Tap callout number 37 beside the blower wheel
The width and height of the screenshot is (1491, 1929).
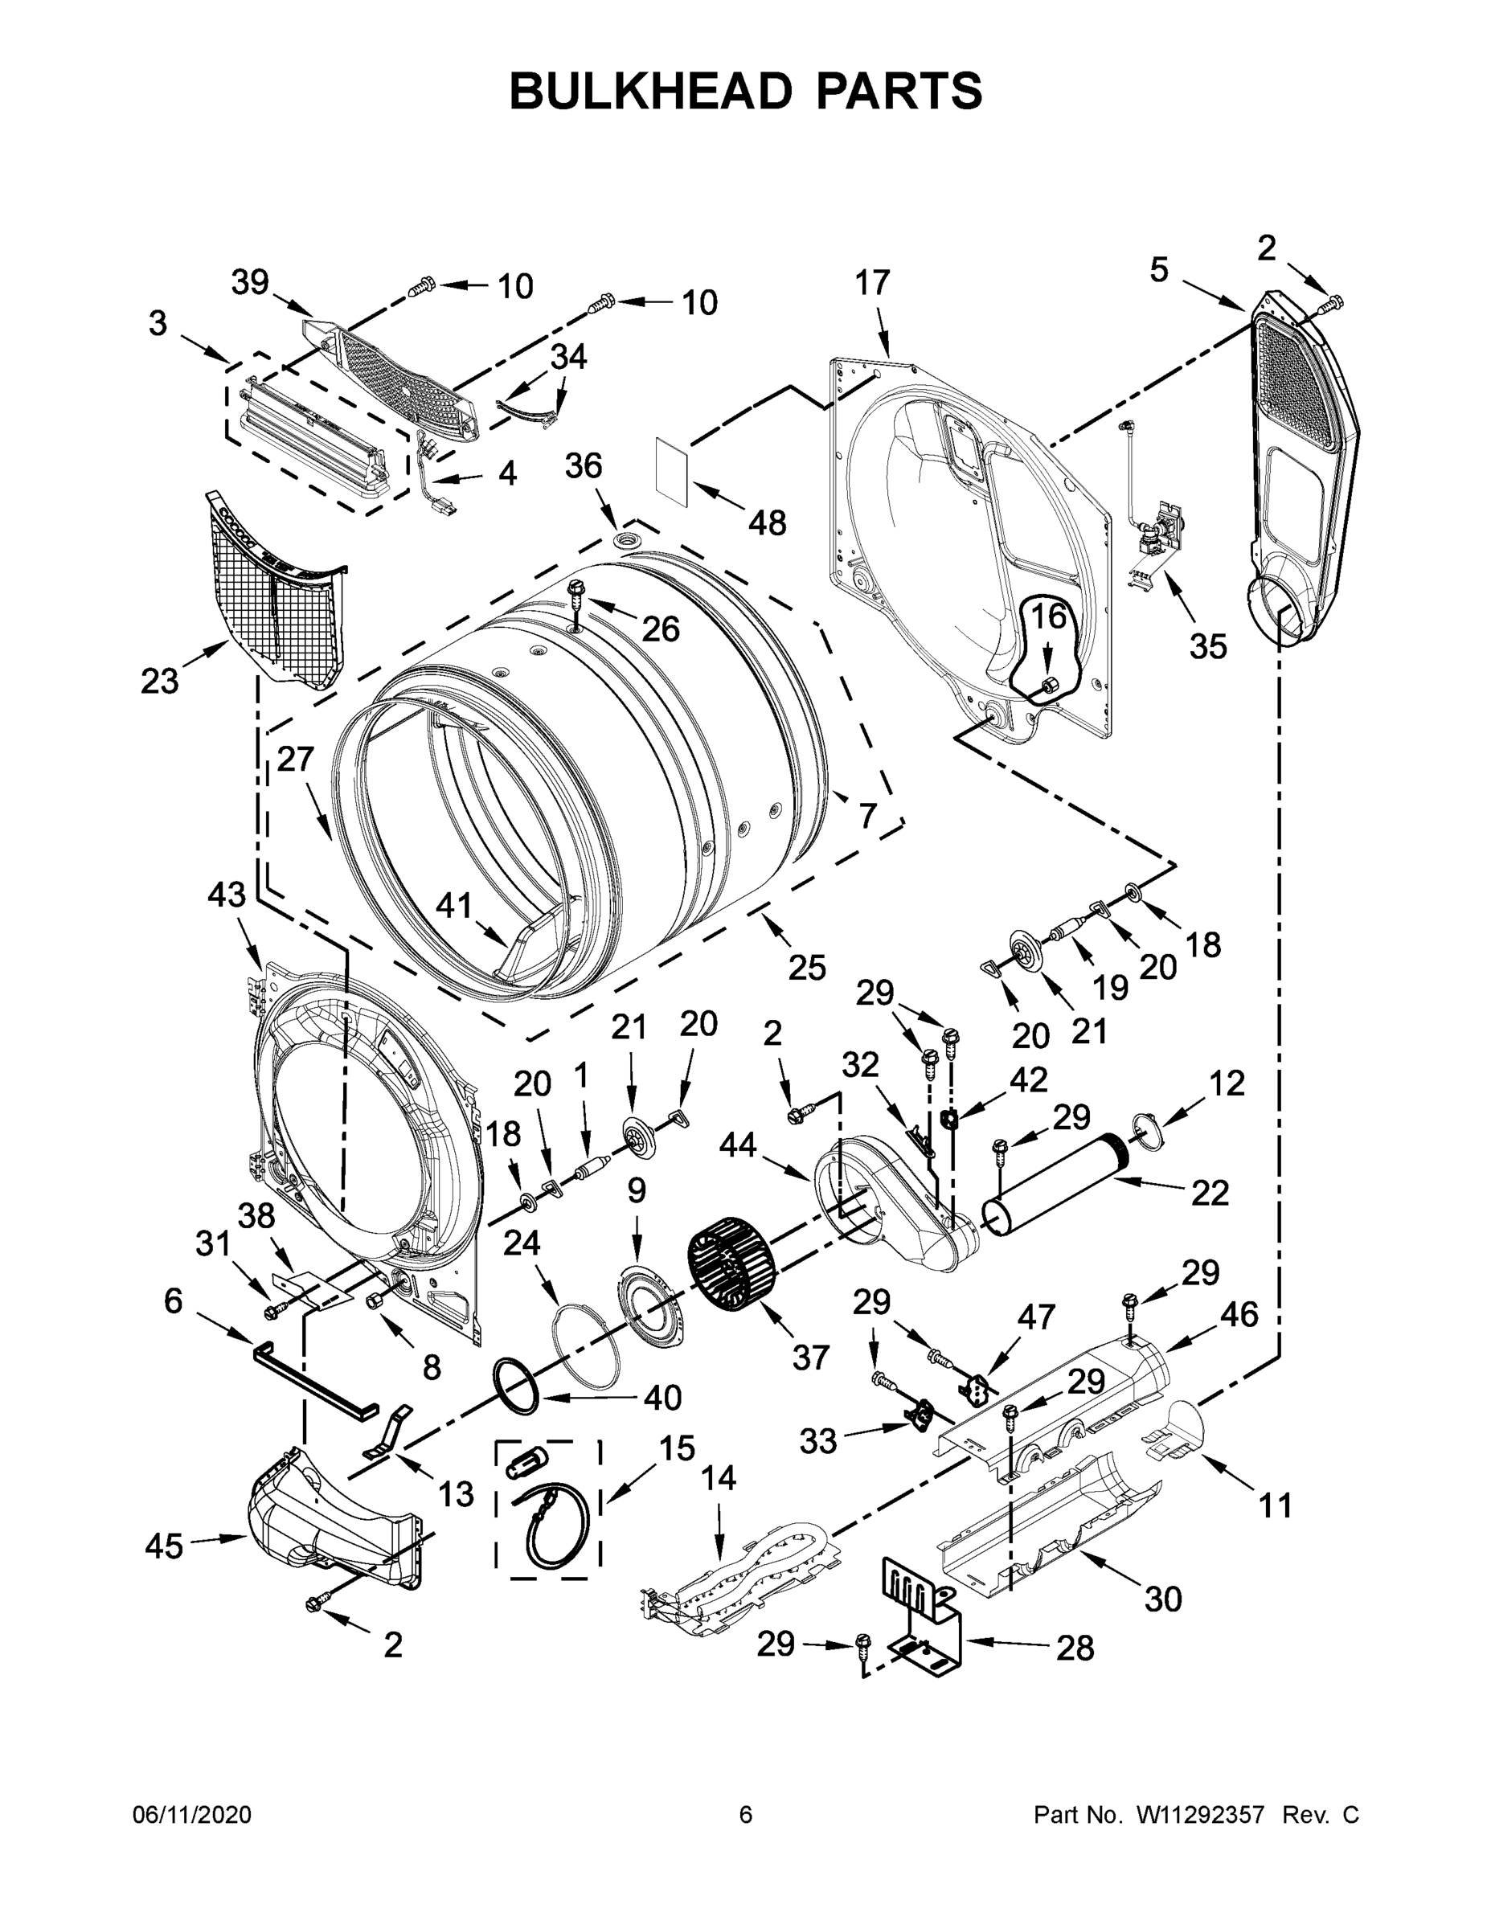point(810,1356)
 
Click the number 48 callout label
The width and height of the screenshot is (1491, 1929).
point(767,523)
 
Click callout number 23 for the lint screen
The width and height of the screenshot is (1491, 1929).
point(159,681)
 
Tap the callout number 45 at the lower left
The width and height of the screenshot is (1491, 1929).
point(163,1546)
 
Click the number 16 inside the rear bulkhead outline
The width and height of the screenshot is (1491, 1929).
point(1050,616)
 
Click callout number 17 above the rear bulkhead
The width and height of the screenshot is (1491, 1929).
point(872,283)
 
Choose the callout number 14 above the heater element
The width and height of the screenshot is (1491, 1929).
point(719,1476)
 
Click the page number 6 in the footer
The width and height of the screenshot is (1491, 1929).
point(746,1814)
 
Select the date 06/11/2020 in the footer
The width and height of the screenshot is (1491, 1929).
point(191,1815)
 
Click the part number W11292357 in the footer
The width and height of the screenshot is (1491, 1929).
point(1199,1815)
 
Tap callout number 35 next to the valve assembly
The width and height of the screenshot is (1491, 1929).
point(1207,646)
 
